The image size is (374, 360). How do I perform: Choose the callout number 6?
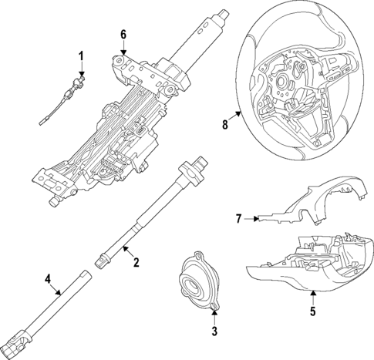click(123, 34)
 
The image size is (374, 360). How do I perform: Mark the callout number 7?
click(239, 219)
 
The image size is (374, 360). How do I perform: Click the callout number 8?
click(224, 123)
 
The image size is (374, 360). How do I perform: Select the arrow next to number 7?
click(254, 220)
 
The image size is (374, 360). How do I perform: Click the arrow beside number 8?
click(238, 116)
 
